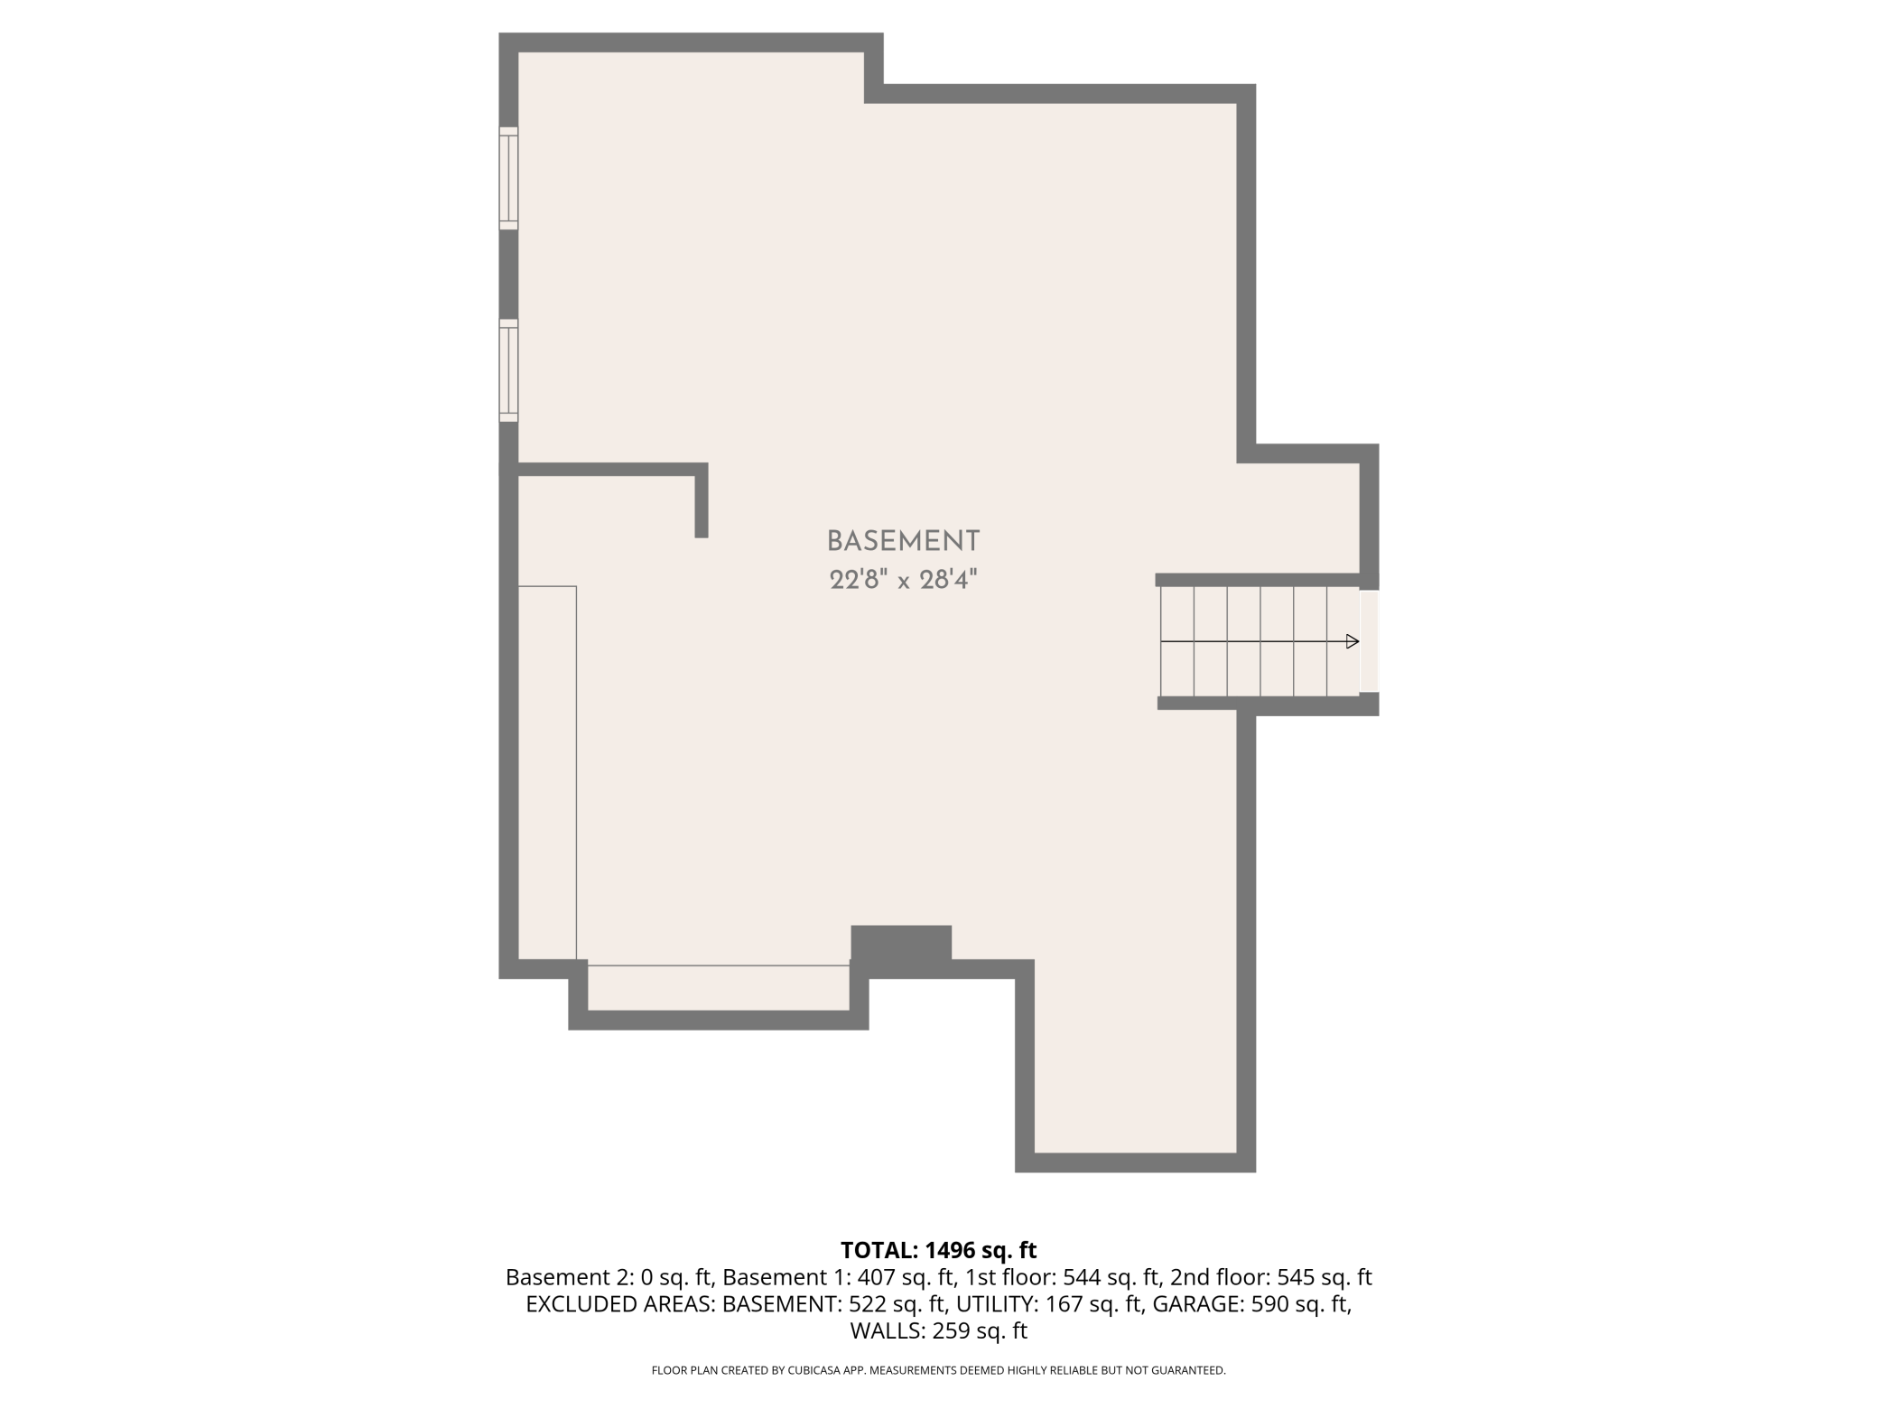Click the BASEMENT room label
point(903,541)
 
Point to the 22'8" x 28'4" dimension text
point(903,580)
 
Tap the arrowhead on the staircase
point(1352,641)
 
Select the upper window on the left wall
point(509,177)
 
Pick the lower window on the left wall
point(509,370)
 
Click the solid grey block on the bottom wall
point(901,945)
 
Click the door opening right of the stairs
point(1369,641)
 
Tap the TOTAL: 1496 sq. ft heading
point(938,1250)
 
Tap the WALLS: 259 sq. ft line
point(939,1330)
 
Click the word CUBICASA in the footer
point(810,1370)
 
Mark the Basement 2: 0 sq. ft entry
point(609,1277)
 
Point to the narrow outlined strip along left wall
point(547,772)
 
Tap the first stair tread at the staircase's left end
point(1177,641)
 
